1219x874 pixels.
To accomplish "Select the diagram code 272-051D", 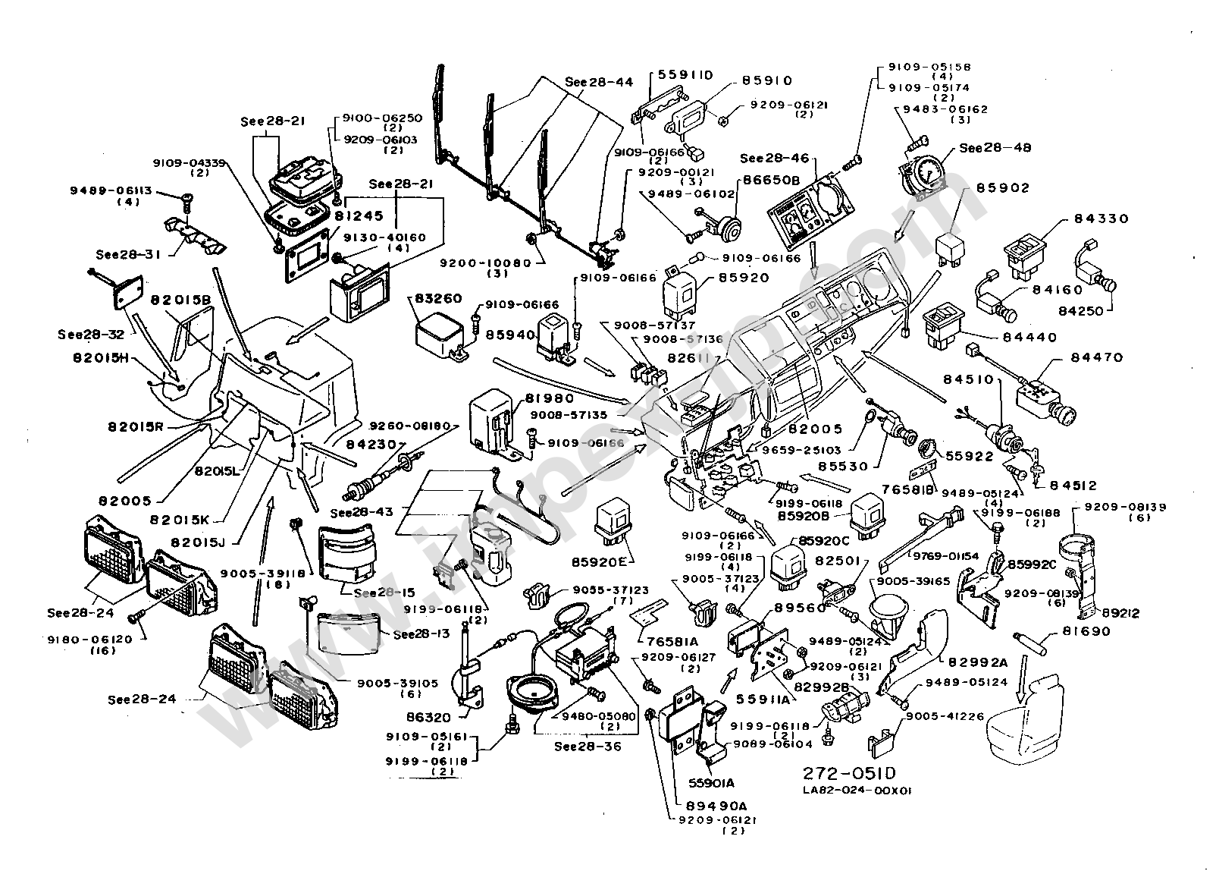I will pos(849,773).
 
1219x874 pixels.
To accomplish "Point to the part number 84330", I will pos(1101,218).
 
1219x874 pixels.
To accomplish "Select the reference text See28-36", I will pos(588,746).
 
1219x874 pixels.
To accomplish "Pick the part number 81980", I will pos(551,398).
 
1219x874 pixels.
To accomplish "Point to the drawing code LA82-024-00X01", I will pos(857,790).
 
